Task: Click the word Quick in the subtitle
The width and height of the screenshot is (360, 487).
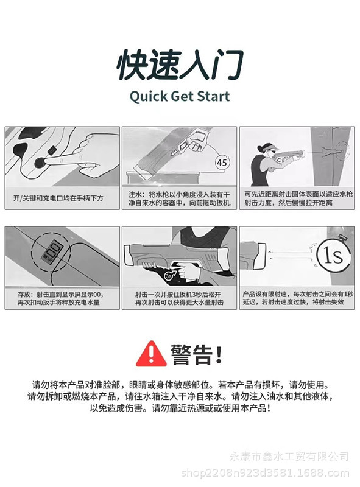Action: (x=150, y=96)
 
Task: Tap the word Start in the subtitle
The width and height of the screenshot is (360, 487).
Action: (x=210, y=96)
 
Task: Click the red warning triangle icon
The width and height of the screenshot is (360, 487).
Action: (x=150, y=353)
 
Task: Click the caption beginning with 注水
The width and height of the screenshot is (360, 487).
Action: (x=179, y=198)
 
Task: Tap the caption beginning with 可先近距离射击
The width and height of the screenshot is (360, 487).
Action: (x=297, y=198)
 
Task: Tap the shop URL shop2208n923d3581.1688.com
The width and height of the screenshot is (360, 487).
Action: (x=267, y=472)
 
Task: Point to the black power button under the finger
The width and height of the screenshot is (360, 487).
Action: (x=41, y=162)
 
